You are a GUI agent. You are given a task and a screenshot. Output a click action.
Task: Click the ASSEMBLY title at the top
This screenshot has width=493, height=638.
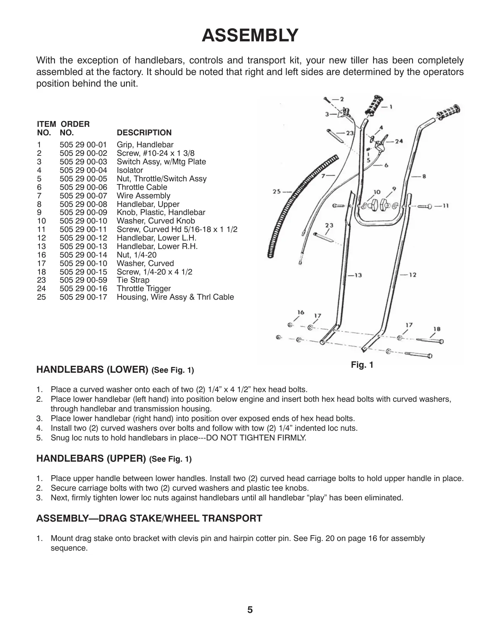[x=250, y=36]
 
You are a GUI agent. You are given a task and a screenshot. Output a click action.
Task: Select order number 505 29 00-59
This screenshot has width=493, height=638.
[x=84, y=280]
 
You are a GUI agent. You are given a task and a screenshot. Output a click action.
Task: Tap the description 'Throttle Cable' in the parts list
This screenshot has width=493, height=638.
[x=142, y=187]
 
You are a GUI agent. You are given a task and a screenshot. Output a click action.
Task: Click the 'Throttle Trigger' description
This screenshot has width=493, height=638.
[x=143, y=288]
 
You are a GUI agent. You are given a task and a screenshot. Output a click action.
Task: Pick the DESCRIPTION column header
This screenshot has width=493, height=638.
[x=144, y=133]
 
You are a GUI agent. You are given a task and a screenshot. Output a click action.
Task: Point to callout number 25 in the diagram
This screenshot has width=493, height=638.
[x=276, y=191]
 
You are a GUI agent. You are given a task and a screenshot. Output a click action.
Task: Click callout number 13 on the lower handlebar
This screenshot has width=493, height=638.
[x=358, y=275]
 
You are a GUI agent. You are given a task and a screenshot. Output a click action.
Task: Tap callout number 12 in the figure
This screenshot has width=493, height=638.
[x=413, y=275]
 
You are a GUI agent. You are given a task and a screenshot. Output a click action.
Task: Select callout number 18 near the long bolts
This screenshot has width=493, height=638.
[x=437, y=329]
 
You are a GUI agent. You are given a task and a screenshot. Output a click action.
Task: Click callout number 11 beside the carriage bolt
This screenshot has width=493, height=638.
[x=445, y=206]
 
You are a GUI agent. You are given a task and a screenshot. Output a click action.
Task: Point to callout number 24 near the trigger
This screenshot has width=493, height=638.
[x=399, y=141]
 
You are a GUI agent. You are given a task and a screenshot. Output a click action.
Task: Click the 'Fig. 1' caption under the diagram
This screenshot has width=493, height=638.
[x=362, y=365]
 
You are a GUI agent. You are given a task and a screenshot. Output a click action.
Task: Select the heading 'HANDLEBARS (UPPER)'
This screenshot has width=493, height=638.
[x=91, y=458]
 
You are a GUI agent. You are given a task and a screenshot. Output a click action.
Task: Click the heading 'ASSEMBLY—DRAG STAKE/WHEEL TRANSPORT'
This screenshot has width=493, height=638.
[x=149, y=518]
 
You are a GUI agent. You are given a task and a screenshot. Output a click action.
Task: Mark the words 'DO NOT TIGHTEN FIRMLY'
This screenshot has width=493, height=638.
[x=256, y=438]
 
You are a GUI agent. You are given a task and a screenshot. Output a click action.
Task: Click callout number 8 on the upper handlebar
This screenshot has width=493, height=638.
[x=424, y=176]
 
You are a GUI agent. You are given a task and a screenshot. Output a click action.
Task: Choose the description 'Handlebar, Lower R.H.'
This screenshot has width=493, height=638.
[x=157, y=246]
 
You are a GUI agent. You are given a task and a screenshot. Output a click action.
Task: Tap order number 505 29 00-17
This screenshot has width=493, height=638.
[x=84, y=297]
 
